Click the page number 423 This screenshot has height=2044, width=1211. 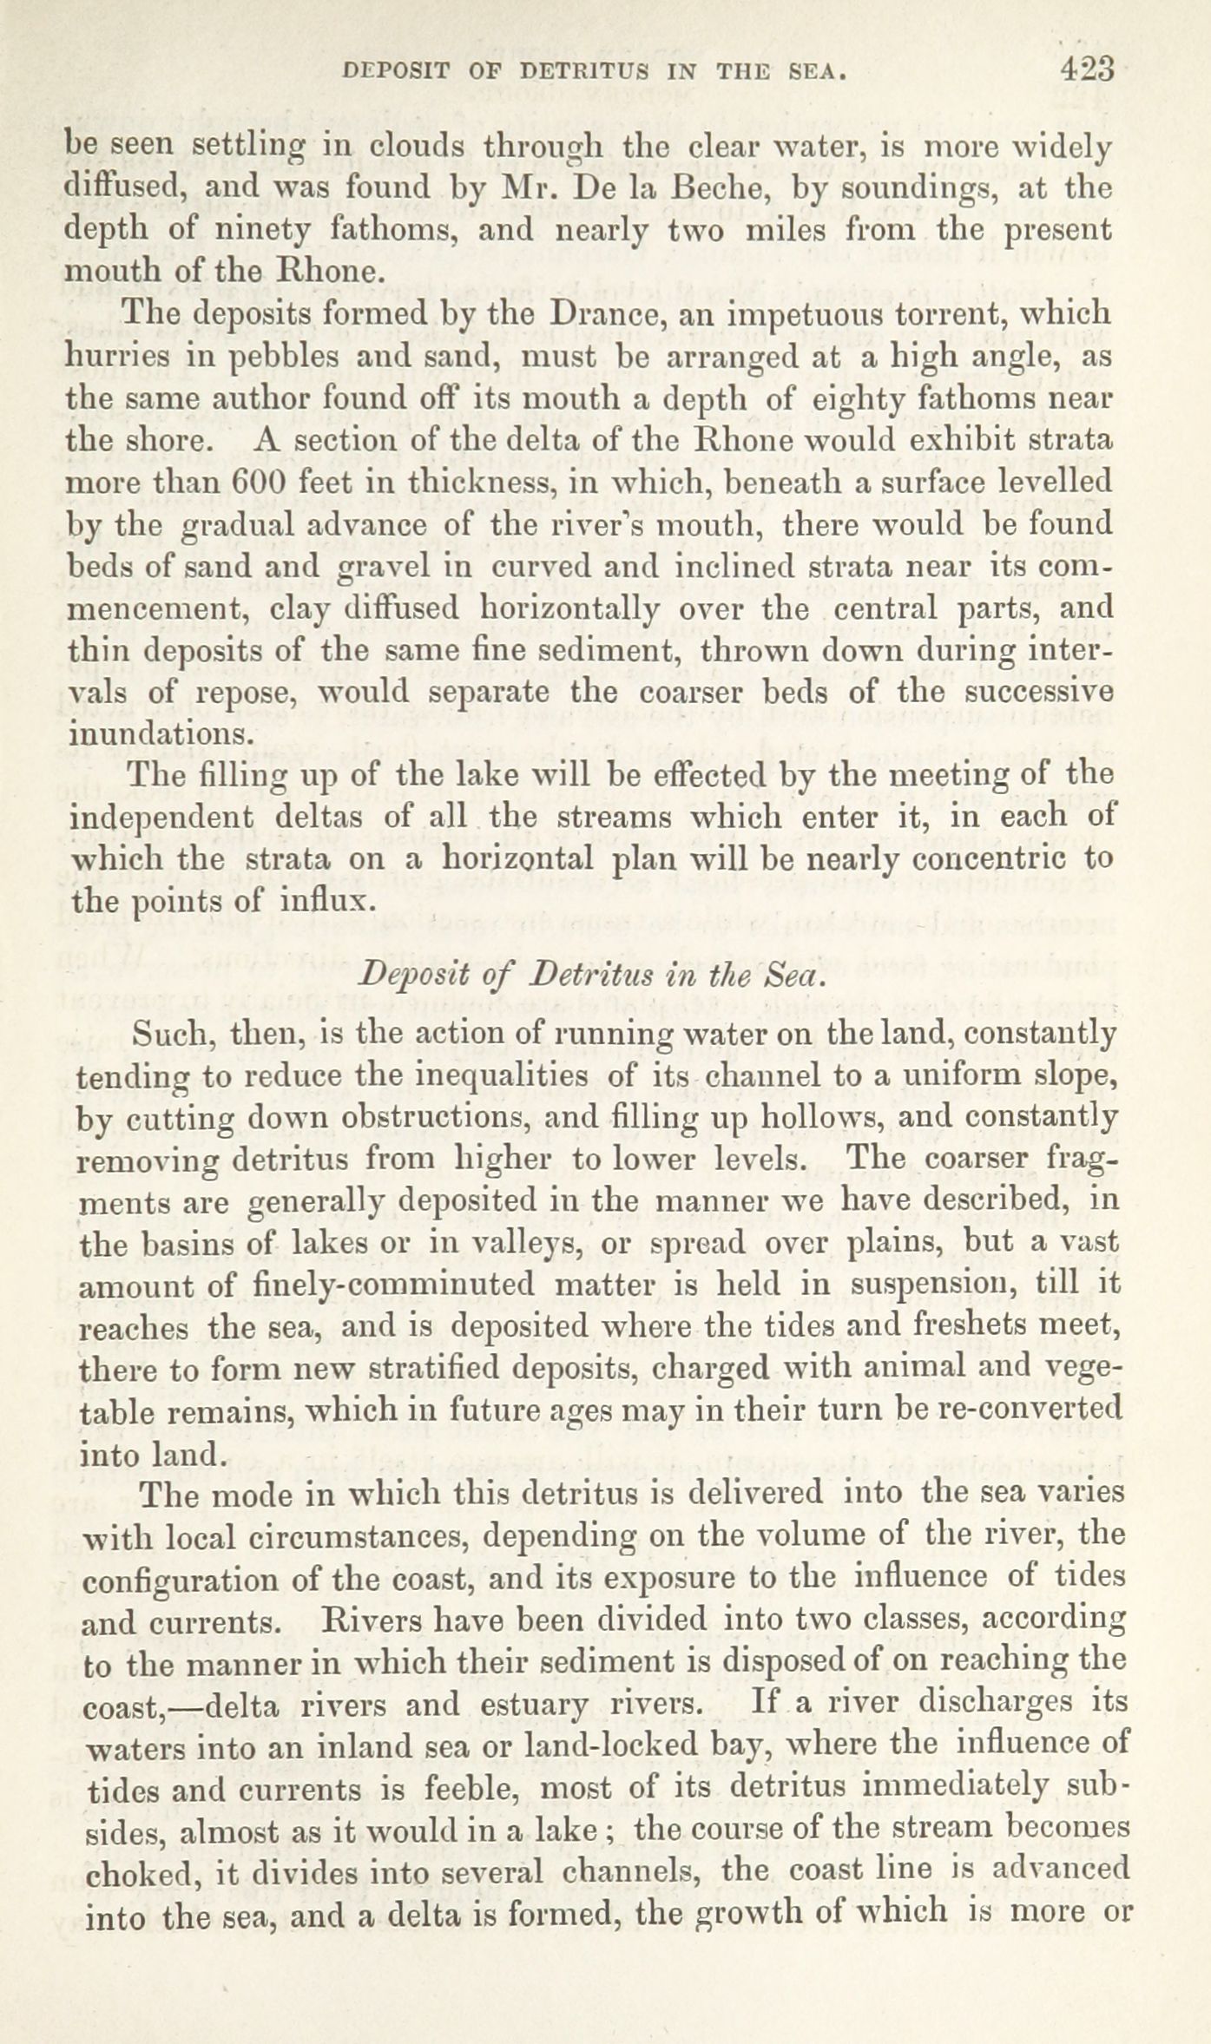(1086, 69)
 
